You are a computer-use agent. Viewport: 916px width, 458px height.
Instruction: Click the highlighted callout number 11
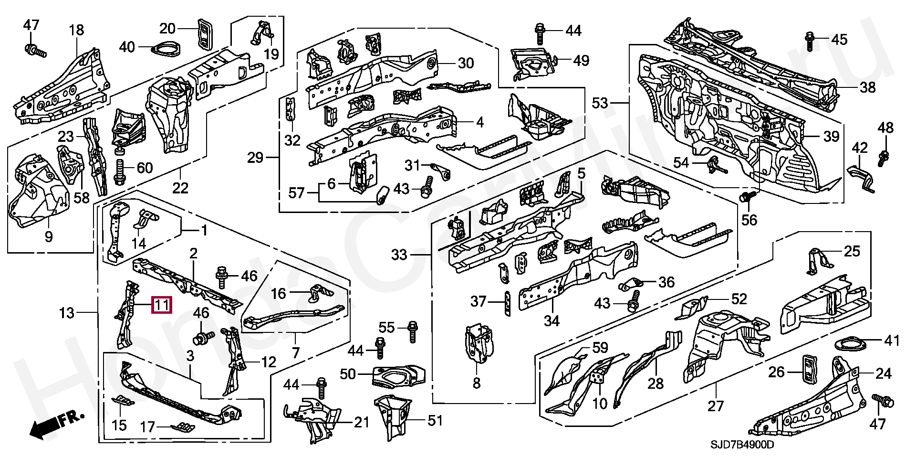162,305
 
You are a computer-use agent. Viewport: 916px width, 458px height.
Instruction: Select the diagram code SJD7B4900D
742,445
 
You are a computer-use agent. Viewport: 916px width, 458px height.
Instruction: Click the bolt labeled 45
810,40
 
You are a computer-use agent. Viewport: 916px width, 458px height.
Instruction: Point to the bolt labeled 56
748,197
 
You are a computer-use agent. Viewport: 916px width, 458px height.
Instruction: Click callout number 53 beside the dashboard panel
600,103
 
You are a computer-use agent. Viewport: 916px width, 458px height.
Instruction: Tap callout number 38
868,87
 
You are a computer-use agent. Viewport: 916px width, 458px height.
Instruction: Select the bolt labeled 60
119,171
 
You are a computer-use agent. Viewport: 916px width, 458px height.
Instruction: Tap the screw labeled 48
883,156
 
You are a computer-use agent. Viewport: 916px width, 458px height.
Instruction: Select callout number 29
256,157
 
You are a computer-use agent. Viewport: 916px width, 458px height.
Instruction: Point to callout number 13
67,313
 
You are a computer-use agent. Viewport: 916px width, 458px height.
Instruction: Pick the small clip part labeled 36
630,285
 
